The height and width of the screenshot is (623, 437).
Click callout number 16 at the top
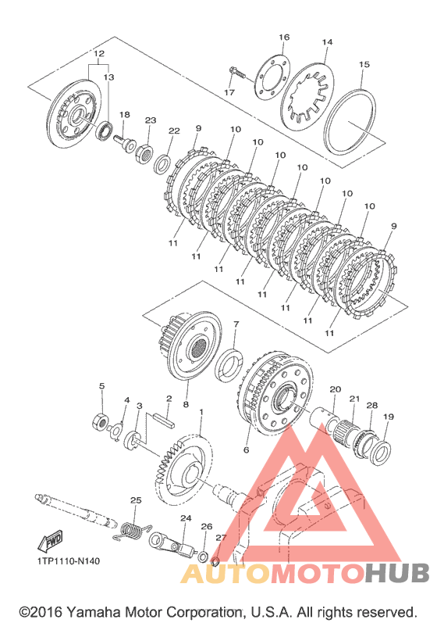pyautogui.click(x=284, y=38)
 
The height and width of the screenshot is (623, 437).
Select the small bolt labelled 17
pyautogui.click(x=237, y=73)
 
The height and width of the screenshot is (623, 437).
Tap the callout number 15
pyautogui.click(x=364, y=64)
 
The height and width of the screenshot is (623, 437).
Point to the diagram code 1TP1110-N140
pyautogui.click(x=69, y=561)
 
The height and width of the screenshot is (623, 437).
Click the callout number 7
pyautogui.click(x=236, y=324)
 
